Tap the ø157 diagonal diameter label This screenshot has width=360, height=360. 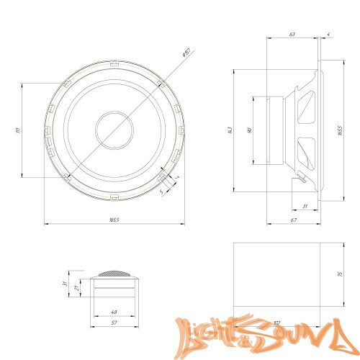click(186, 53)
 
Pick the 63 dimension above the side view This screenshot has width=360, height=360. click(292, 33)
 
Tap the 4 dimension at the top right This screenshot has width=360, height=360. click(328, 33)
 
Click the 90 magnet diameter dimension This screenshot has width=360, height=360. click(249, 130)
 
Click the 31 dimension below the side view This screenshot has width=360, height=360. click(305, 207)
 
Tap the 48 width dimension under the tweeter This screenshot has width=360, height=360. click(114, 312)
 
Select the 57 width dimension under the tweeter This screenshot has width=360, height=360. click(114, 323)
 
